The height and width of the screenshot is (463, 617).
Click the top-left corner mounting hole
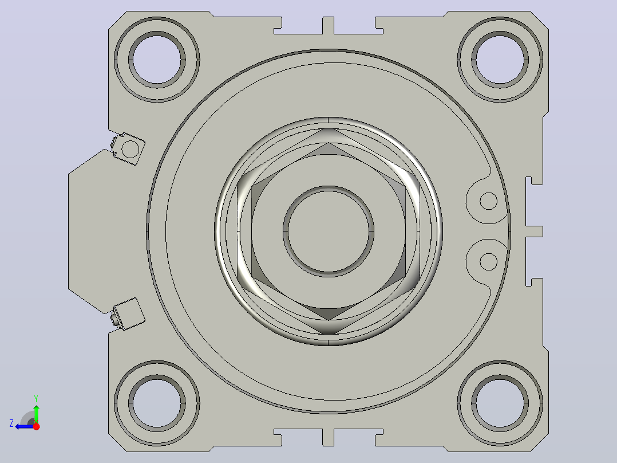tap(157, 60)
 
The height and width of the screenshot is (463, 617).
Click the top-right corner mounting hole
tap(500, 60)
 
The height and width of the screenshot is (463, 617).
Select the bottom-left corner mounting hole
tap(157, 403)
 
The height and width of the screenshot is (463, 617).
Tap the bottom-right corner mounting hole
tap(500, 403)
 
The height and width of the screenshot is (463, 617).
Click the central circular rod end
tap(329, 231)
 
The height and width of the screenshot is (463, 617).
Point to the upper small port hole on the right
tap(489, 201)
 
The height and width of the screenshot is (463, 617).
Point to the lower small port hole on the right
tap(489, 262)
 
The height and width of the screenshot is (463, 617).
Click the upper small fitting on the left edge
tap(128, 148)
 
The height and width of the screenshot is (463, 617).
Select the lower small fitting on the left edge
tap(128, 314)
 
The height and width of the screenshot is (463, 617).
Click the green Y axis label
tap(36, 399)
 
